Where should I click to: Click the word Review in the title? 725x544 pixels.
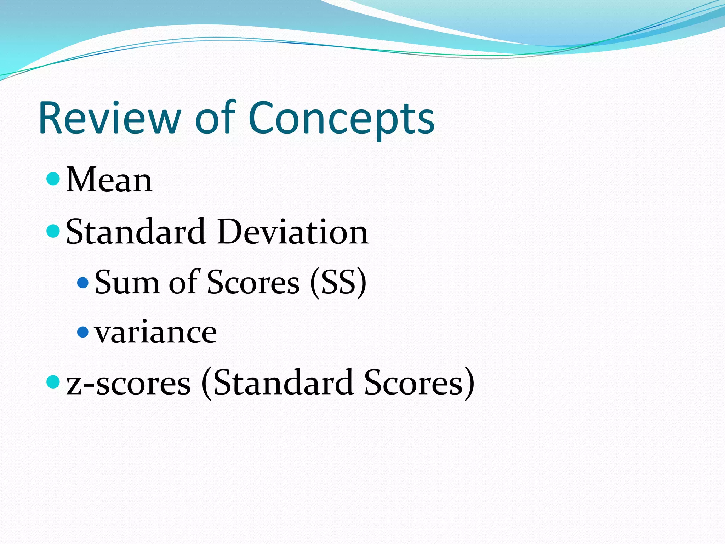click(110, 118)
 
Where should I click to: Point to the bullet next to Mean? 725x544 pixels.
click(53, 179)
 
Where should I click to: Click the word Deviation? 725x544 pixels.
click(293, 232)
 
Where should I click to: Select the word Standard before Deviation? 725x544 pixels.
click(136, 232)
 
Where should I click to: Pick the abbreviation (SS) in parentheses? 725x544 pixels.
click(338, 282)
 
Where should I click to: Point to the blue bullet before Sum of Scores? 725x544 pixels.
click(83, 282)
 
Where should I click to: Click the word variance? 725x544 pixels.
click(155, 333)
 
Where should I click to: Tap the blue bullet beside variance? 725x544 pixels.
click(83, 332)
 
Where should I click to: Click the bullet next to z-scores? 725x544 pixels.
click(53, 382)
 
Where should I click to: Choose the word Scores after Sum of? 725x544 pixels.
click(253, 282)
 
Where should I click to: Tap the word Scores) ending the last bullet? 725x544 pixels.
click(419, 383)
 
